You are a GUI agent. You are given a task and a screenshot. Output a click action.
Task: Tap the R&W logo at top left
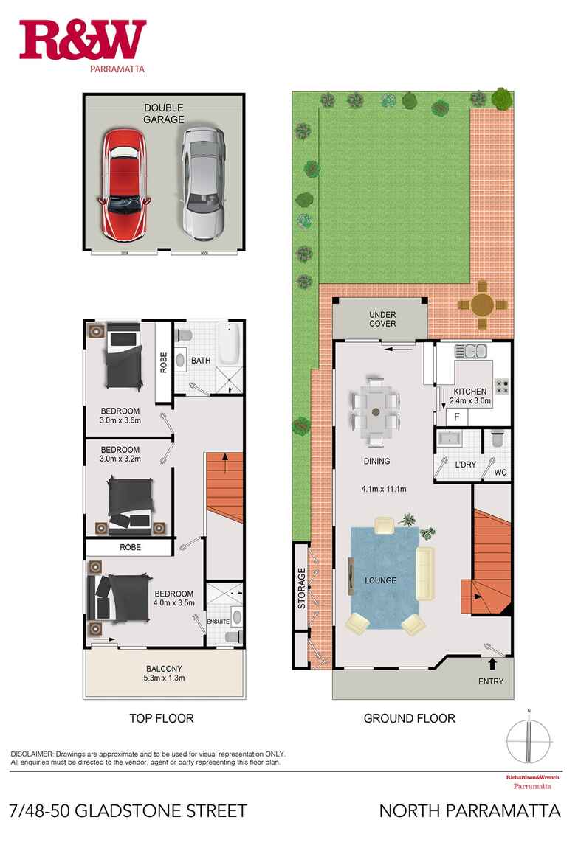click(83, 43)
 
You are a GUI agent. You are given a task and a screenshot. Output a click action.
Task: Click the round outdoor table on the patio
click(483, 304)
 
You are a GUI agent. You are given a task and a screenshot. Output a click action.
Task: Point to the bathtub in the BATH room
click(229, 346)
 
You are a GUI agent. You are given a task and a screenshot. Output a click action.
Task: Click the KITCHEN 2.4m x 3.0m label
click(469, 397)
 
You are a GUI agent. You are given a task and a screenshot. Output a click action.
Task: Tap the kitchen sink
click(469, 352)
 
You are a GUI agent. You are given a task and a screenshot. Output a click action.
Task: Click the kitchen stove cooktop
click(502, 385)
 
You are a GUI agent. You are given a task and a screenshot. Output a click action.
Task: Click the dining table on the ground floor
click(376, 416)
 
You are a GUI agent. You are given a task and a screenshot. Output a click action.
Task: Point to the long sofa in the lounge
click(426, 573)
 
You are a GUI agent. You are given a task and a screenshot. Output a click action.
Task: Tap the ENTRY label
click(491, 681)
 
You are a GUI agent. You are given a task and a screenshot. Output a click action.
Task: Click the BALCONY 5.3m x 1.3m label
click(164, 673)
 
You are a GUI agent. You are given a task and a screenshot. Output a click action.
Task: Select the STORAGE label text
click(301, 588)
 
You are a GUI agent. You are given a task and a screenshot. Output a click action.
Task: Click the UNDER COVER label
click(382, 319)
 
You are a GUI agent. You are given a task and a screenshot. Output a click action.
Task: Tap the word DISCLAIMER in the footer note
click(32, 754)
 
